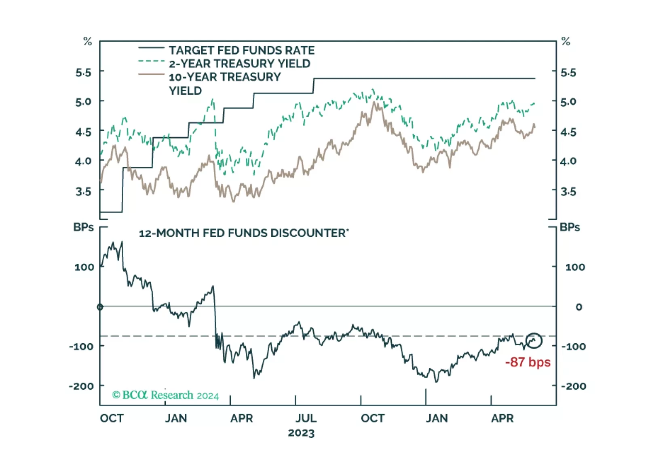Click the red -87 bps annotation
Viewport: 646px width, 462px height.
point(528,362)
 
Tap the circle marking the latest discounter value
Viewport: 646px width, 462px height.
point(534,341)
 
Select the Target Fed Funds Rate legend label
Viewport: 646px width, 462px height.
point(241,50)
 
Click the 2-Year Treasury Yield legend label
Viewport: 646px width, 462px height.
point(239,63)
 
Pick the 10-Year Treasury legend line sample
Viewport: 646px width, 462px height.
point(151,75)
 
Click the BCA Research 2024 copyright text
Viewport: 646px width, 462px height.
point(165,395)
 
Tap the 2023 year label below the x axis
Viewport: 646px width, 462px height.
point(301,433)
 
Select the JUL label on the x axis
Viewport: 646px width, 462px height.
point(306,418)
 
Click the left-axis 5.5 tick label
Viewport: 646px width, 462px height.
point(83,73)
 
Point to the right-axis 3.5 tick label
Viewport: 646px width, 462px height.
point(568,191)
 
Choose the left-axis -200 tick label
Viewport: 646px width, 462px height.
point(81,386)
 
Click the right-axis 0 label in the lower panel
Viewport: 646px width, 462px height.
point(579,307)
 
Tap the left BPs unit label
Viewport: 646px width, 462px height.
point(83,227)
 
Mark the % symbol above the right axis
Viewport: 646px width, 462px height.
point(566,41)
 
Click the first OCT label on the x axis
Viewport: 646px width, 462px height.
point(112,418)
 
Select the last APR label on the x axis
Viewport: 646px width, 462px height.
point(502,418)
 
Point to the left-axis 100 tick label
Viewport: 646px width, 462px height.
point(84,267)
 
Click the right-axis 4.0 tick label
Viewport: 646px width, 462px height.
point(568,161)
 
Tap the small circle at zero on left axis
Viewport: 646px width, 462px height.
point(100,307)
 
